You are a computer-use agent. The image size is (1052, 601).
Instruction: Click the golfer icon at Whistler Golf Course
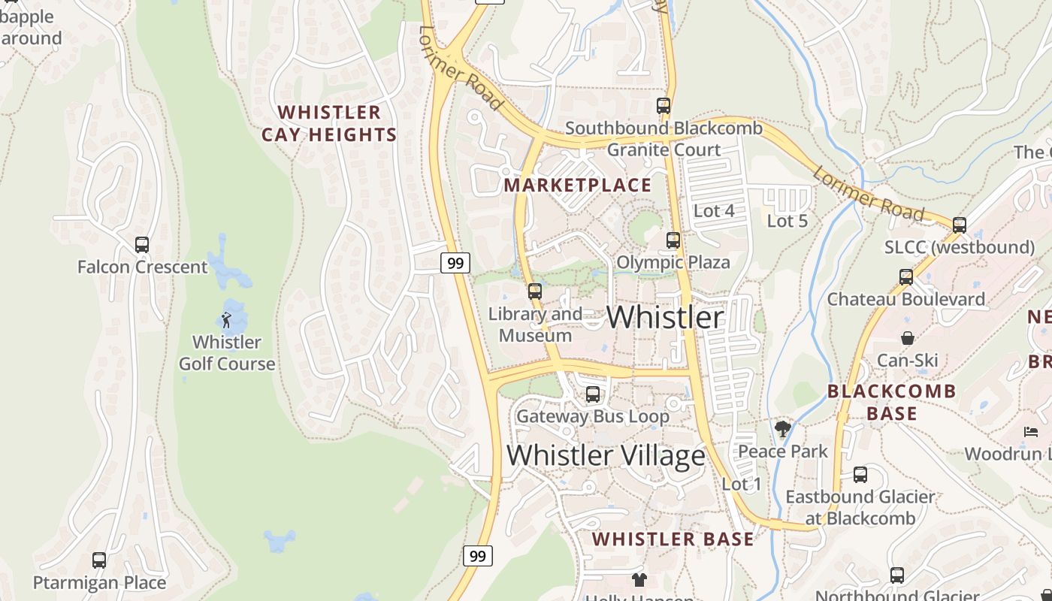point(226,320)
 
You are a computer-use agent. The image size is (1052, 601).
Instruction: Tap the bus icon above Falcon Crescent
point(142,245)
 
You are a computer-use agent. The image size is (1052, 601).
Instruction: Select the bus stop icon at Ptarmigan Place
point(99,560)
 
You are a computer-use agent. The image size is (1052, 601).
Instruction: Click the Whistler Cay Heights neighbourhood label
point(329,124)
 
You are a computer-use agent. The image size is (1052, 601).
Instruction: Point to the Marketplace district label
point(578,185)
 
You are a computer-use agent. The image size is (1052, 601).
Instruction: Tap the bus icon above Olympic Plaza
point(673,240)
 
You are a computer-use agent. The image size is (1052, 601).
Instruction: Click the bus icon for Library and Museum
point(535,291)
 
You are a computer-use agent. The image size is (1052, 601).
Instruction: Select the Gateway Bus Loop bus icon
point(593,394)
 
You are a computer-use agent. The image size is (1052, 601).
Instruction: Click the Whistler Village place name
point(606,455)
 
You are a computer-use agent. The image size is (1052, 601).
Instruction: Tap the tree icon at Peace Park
point(783,429)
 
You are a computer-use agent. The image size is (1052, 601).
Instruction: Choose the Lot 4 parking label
point(714,211)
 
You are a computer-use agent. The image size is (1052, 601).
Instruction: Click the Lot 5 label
point(787,221)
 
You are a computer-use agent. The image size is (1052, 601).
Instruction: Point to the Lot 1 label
point(742,485)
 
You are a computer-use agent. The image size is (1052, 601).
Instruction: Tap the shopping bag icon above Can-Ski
point(908,338)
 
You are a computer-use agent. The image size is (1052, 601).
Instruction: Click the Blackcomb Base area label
point(892,402)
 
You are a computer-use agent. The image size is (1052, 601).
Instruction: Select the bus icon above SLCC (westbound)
point(960,225)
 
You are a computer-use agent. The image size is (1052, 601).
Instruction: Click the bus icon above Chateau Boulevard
point(906,277)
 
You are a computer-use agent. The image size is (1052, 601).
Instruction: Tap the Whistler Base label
point(673,539)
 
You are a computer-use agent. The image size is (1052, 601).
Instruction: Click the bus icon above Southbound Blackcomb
point(664,106)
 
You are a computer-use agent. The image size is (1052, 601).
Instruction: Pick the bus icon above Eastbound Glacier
point(860,475)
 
